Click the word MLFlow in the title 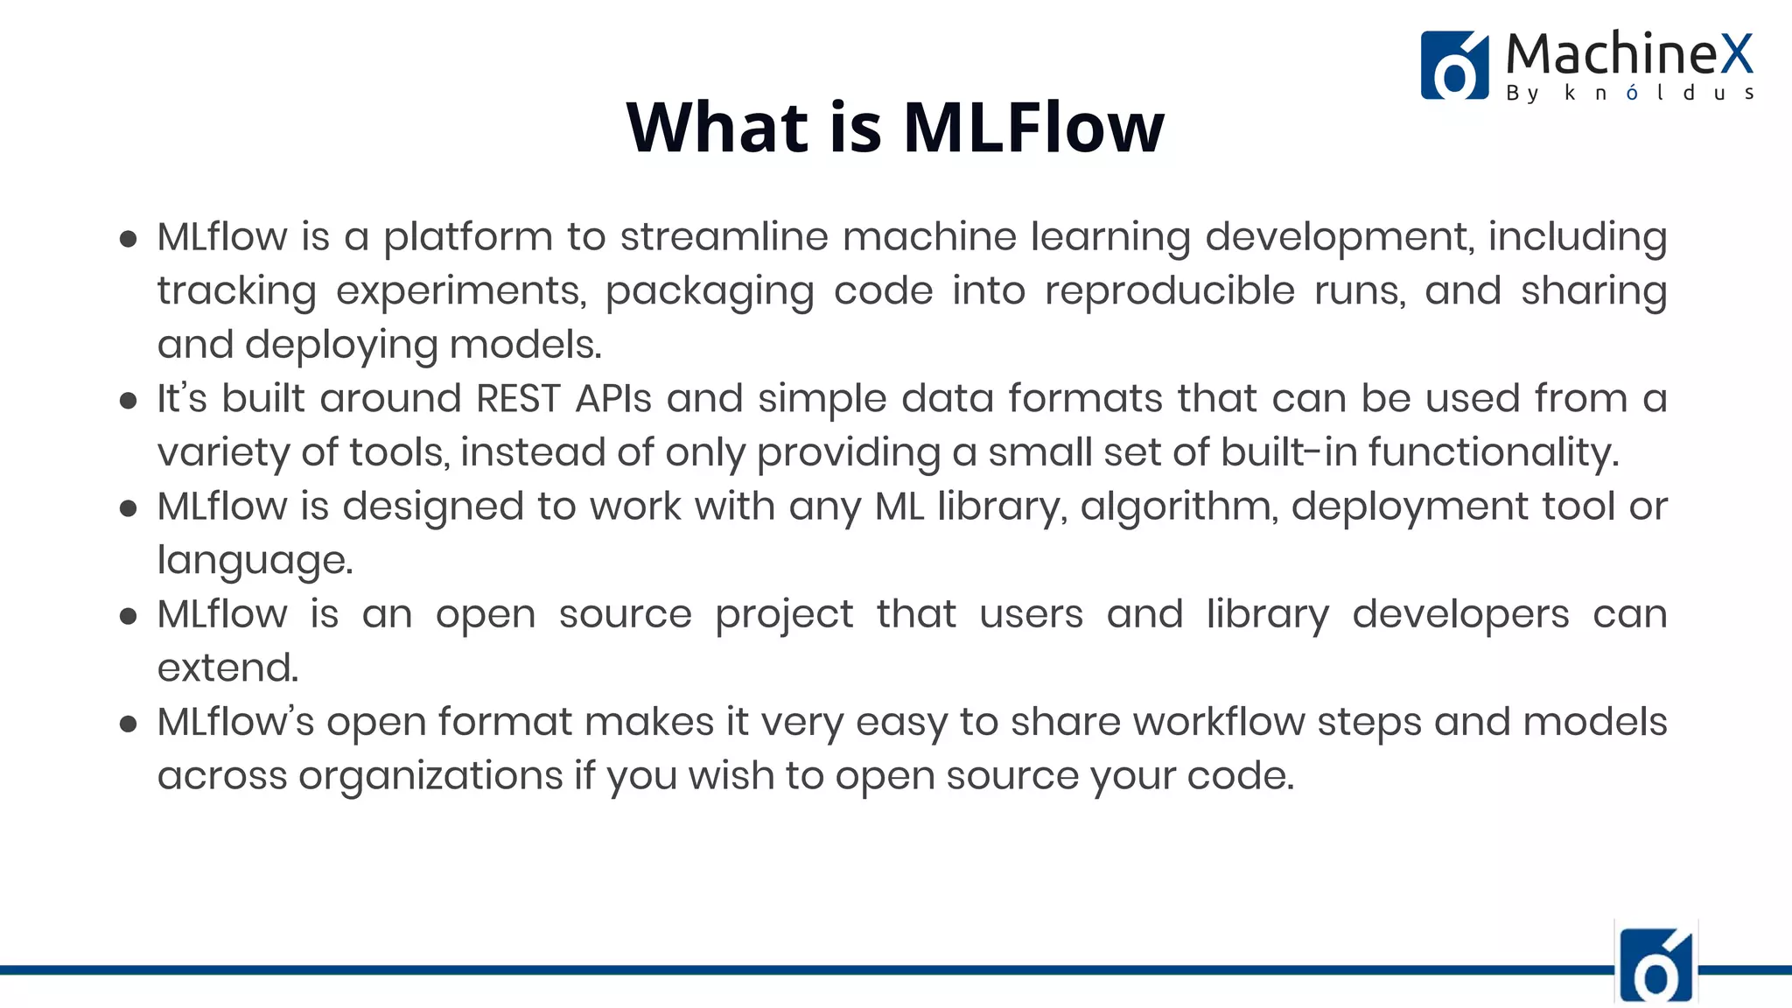pyautogui.click(x=1032, y=128)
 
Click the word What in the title pyautogui.click(x=717, y=128)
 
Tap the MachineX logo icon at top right pyautogui.click(x=1454, y=66)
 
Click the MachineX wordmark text pyautogui.click(x=1629, y=54)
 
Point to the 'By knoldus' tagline pyautogui.click(x=1629, y=93)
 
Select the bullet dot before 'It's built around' pyautogui.click(x=129, y=401)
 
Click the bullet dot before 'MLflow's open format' pyautogui.click(x=129, y=724)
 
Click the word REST pyautogui.click(x=518, y=399)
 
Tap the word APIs pyautogui.click(x=613, y=399)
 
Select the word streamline pyautogui.click(x=724, y=237)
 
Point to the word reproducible pyautogui.click(x=1169, y=291)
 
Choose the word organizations pyautogui.click(x=430, y=776)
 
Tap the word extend pyautogui.click(x=227, y=668)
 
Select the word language pyautogui.click(x=255, y=561)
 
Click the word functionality pyautogui.click(x=1494, y=453)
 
